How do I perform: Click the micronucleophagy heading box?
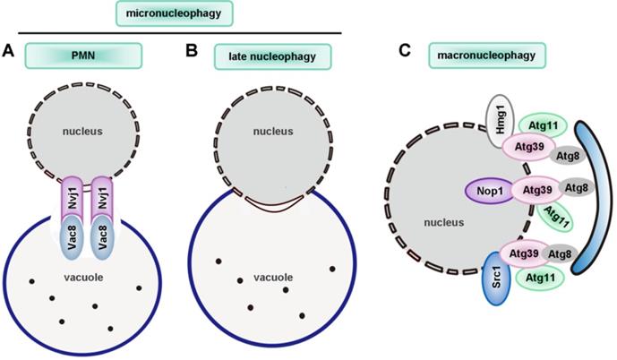(x=175, y=13)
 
